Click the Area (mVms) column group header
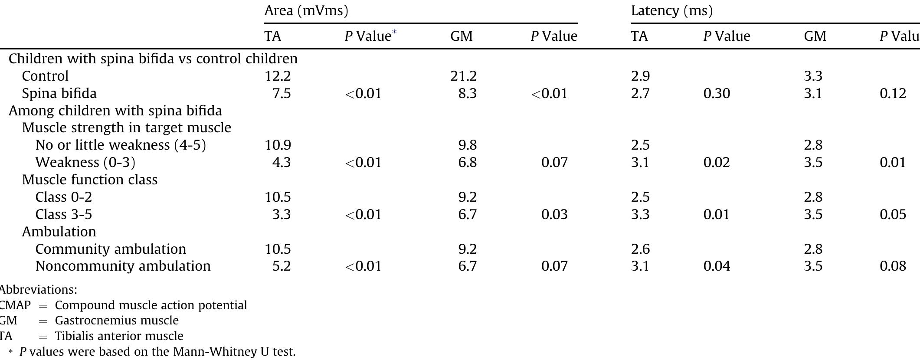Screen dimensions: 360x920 306,10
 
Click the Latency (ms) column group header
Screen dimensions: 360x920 671,10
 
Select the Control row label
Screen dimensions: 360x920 45,76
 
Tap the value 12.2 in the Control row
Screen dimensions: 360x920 278,76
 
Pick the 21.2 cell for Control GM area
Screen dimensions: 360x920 463,76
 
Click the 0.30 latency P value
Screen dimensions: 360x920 717,93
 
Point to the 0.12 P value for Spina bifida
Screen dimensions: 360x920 893,93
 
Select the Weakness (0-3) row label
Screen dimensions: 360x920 85,162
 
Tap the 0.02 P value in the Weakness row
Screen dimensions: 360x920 717,162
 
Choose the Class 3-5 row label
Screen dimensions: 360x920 63,214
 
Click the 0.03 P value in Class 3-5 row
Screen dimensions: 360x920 554,214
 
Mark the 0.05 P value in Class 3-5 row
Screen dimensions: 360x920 893,214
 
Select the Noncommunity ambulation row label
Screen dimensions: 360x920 123,266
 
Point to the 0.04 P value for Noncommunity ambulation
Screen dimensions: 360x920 717,266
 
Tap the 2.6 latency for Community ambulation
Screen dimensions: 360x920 640,249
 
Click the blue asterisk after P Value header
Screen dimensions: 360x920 394,32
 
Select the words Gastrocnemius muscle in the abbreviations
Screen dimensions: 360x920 117,321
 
